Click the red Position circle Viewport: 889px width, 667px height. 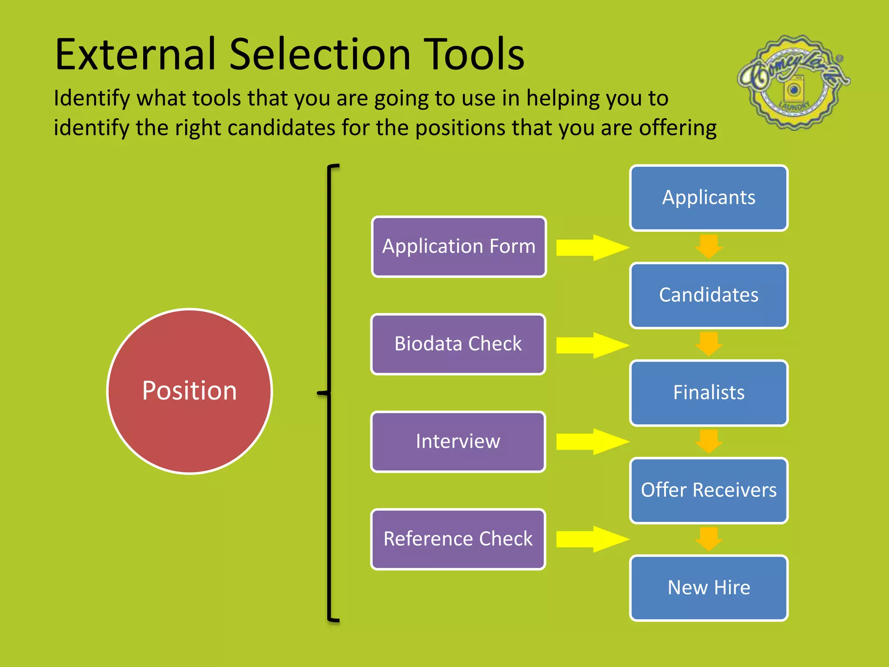(189, 391)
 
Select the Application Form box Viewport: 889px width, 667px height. (459, 247)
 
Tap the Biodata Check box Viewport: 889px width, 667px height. (458, 344)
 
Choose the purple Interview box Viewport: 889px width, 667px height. (458, 442)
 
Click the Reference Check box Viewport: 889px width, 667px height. (458, 539)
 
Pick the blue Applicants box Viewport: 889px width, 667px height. (708, 198)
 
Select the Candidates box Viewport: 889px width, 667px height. (708, 295)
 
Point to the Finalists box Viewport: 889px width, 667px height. (708, 393)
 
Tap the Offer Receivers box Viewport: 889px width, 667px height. (708, 490)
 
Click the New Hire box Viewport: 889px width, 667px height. (708, 588)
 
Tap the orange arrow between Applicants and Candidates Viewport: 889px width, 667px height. (709, 246)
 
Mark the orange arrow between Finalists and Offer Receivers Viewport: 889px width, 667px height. (709, 441)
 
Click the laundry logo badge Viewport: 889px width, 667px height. (794, 83)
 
